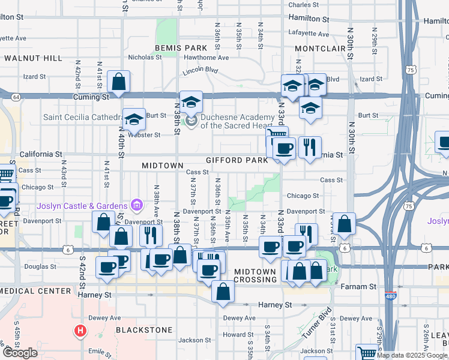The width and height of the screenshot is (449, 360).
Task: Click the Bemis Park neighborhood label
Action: click(172, 47)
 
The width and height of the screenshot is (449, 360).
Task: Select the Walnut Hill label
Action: click(33, 58)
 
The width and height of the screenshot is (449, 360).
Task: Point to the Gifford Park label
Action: click(237, 161)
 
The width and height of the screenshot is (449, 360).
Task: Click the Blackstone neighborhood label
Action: click(144, 330)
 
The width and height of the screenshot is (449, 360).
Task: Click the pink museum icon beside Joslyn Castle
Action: click(137, 206)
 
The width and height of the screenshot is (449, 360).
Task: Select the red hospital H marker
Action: click(79, 331)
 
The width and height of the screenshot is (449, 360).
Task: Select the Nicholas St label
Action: click(145, 58)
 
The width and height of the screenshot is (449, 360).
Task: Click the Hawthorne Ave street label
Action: click(206, 58)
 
